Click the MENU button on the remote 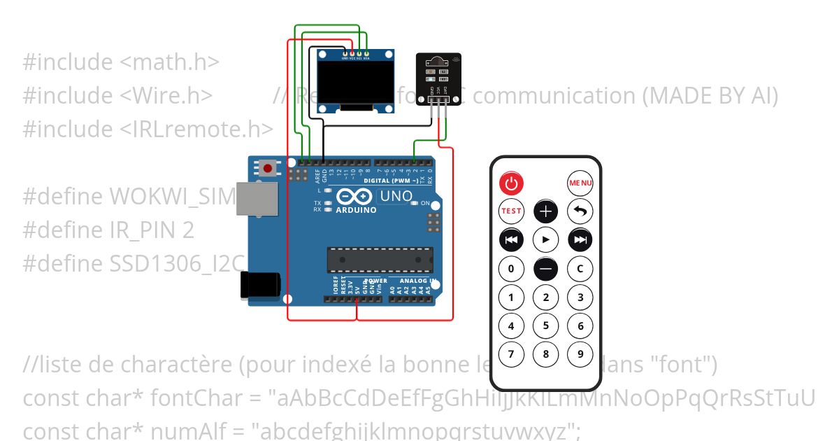[x=580, y=183]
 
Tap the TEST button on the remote [x=511, y=211]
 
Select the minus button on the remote [x=546, y=269]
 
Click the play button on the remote [x=546, y=240]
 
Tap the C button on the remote [x=580, y=269]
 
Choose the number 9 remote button [x=580, y=354]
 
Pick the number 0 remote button [x=511, y=269]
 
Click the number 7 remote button [x=511, y=354]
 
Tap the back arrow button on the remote [x=580, y=211]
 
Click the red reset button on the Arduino [x=268, y=168]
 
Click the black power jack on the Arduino [x=259, y=285]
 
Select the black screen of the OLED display [x=354, y=81]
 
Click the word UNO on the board [x=395, y=196]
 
